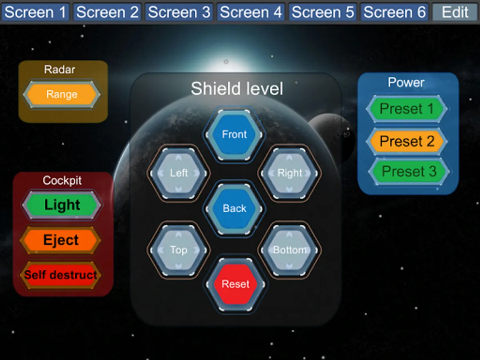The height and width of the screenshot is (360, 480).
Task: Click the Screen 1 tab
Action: (35, 12)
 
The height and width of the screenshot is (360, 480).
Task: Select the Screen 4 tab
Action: (251, 12)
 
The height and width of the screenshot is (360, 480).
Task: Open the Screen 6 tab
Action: (394, 12)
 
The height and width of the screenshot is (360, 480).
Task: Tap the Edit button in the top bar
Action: (455, 12)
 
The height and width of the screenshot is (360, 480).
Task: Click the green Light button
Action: (62, 205)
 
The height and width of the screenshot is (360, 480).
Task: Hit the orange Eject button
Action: (60, 240)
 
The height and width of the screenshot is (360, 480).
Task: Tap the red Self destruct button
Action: (60, 275)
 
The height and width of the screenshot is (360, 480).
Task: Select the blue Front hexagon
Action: (234, 134)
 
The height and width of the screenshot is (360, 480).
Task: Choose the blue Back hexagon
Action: (234, 208)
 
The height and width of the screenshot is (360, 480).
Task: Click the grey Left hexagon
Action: (178, 173)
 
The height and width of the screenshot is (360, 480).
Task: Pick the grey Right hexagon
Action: (290, 173)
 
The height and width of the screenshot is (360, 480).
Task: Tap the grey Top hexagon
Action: (178, 250)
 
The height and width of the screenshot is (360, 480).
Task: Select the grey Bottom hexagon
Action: (290, 250)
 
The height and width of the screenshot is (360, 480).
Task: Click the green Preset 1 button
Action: (406, 109)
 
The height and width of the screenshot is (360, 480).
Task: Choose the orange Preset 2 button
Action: (406, 141)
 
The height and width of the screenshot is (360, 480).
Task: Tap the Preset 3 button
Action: (409, 171)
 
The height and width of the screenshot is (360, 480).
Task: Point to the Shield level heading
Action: (237, 88)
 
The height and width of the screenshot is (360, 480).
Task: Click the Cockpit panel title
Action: (62, 180)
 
